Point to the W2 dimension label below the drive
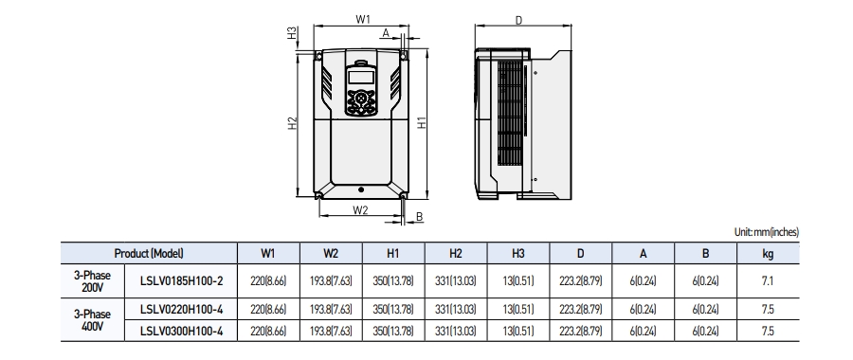[x=360, y=210]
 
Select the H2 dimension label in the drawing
[x=294, y=123]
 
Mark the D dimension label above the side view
[x=518, y=19]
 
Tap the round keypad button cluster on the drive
[x=360, y=99]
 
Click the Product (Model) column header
[x=148, y=254]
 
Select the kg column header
[x=767, y=254]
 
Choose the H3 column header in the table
[x=517, y=254]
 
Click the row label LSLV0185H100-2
[x=181, y=280]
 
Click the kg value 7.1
[x=767, y=281]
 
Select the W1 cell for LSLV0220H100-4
[x=268, y=308]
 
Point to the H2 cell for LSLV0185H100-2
[x=455, y=281]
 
